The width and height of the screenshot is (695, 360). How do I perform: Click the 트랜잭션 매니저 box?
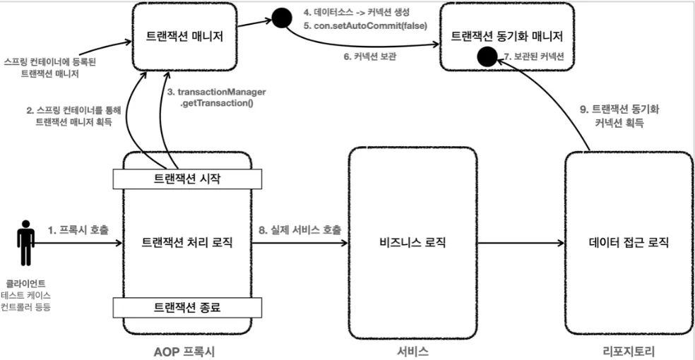click(184, 36)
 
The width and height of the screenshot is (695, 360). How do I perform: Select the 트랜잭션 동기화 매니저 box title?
click(506, 36)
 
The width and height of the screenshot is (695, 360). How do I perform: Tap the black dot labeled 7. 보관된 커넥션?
click(487, 57)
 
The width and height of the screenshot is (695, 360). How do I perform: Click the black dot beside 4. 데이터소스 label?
click(281, 18)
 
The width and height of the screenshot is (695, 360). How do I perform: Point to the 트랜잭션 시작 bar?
click(187, 179)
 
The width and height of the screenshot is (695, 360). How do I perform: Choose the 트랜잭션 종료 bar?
click(187, 307)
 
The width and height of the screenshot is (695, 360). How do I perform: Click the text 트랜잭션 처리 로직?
click(187, 243)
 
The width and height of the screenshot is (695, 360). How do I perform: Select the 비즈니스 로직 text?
click(412, 243)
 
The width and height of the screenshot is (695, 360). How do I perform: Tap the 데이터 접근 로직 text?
click(629, 243)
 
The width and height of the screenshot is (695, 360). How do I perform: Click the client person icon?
click(25, 243)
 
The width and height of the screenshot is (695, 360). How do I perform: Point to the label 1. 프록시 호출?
click(78, 230)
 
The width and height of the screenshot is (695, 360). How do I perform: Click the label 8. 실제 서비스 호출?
click(300, 230)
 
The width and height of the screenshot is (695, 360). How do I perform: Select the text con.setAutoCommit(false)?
click(371, 25)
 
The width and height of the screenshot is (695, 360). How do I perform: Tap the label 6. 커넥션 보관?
click(369, 56)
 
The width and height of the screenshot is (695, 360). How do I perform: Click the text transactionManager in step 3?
click(222, 92)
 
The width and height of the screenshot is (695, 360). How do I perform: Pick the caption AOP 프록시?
click(184, 352)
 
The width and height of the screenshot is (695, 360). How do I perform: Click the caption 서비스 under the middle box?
click(412, 352)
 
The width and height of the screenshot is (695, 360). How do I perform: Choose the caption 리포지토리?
click(629, 352)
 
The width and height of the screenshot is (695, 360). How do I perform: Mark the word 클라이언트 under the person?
click(25, 283)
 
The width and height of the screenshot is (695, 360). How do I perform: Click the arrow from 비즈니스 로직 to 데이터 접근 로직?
click(521, 243)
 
